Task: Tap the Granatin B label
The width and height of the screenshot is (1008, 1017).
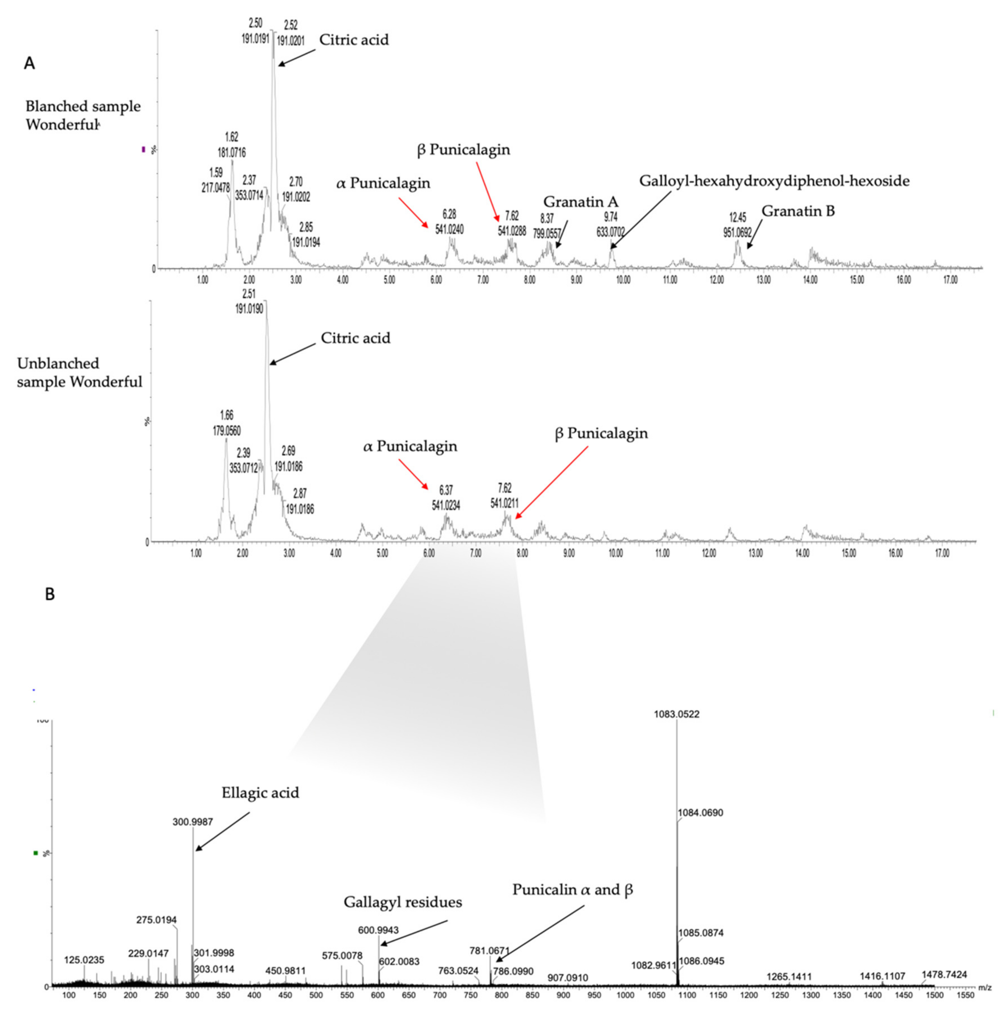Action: (x=798, y=211)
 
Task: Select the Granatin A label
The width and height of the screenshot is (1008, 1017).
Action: (x=581, y=201)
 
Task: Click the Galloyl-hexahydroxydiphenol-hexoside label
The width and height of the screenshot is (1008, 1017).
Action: (x=774, y=181)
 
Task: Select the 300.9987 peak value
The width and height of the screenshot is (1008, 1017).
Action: (x=193, y=822)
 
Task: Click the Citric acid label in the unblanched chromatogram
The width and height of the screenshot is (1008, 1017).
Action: (x=356, y=338)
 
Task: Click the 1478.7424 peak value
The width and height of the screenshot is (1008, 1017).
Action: (x=944, y=974)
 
